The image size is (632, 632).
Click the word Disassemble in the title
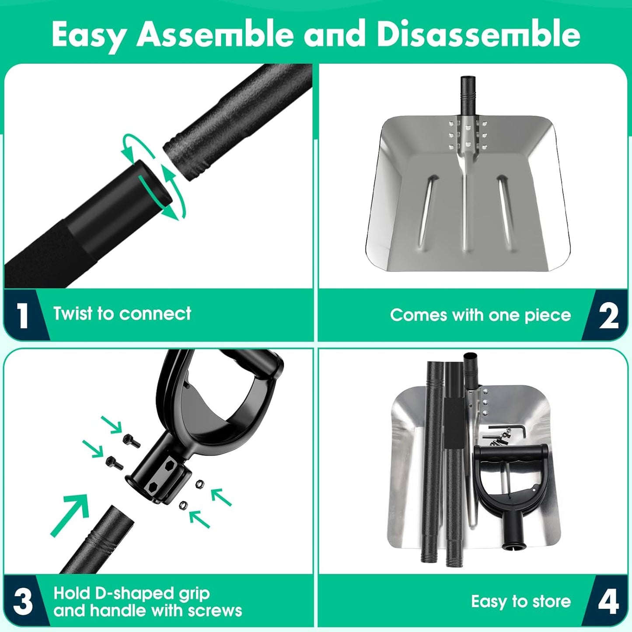[478, 34]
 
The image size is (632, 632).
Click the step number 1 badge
[23, 315]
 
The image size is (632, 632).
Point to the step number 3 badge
[23, 602]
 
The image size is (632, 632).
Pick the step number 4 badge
[608, 602]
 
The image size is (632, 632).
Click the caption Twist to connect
[122, 314]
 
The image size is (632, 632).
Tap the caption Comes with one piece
[481, 315]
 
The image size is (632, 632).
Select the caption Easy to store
[521, 601]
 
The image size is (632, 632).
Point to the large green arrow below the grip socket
[70, 515]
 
